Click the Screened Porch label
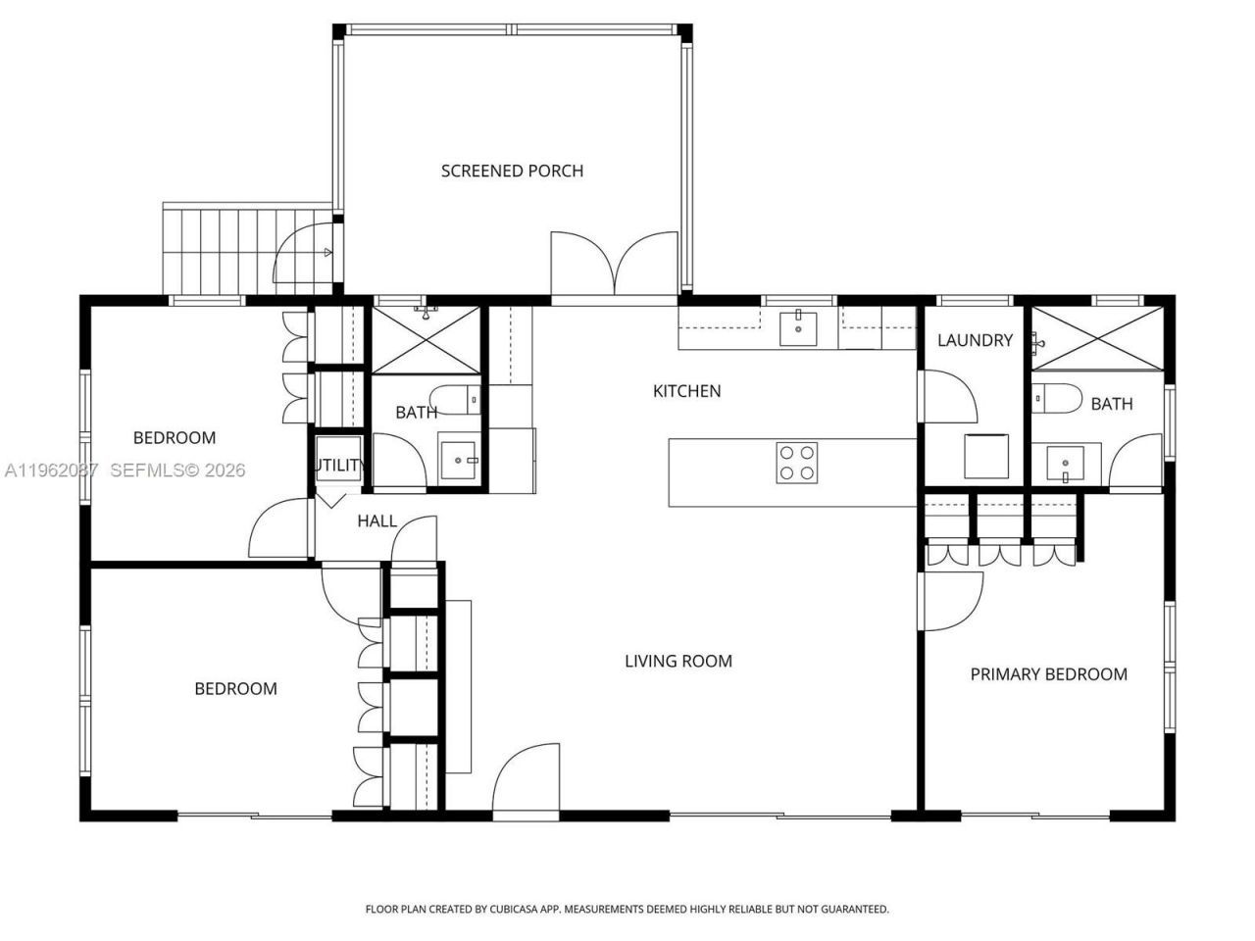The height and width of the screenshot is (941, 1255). point(512,171)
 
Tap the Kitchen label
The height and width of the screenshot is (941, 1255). point(686,391)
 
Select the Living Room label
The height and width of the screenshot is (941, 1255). point(678,661)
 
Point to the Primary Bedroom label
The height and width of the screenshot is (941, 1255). point(1048,673)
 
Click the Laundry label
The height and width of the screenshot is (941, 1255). point(975,340)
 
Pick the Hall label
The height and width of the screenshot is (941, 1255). point(376,520)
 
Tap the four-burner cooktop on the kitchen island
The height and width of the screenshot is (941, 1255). point(797,463)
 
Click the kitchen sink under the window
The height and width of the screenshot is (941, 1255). point(799,328)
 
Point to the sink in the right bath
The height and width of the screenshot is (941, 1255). point(1065,462)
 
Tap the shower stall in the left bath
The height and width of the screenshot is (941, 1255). point(426,339)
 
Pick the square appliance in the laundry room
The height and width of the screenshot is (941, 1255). point(987,456)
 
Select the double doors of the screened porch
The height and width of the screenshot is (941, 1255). point(614,263)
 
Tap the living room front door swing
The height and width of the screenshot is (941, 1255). point(526,779)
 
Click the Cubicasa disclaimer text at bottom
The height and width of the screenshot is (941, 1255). point(627,909)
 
